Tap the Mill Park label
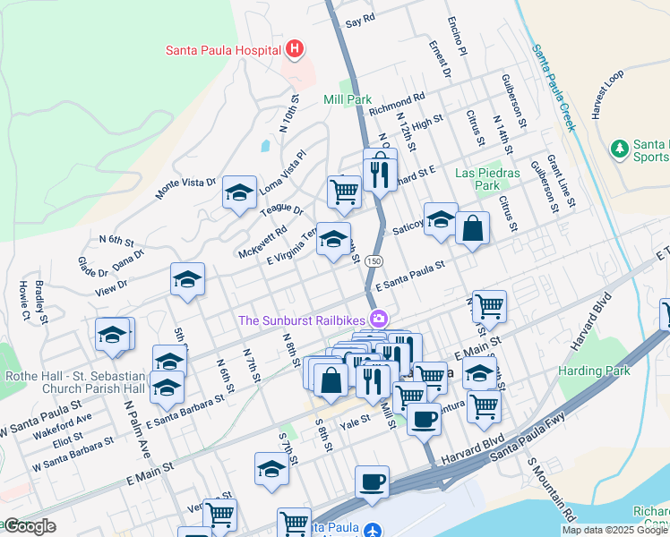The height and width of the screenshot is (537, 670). click(x=348, y=100)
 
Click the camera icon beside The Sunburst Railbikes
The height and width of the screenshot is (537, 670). click(x=380, y=319)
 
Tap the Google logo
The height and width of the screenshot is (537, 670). click(x=29, y=526)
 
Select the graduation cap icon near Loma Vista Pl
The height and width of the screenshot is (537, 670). click(x=239, y=192)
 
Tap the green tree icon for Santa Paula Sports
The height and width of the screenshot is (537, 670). click(x=618, y=147)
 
